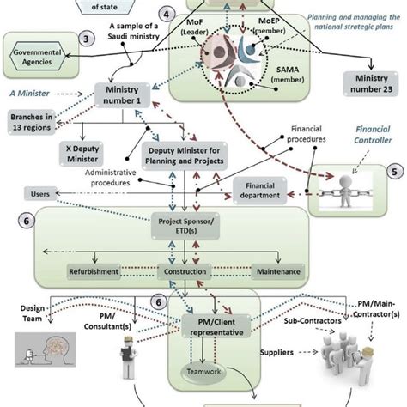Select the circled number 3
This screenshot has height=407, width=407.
(86, 39)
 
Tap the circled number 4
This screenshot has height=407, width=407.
(168, 15)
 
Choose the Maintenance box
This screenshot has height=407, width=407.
(276, 272)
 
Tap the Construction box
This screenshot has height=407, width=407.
(185, 272)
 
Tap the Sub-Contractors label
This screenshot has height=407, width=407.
(301, 326)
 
